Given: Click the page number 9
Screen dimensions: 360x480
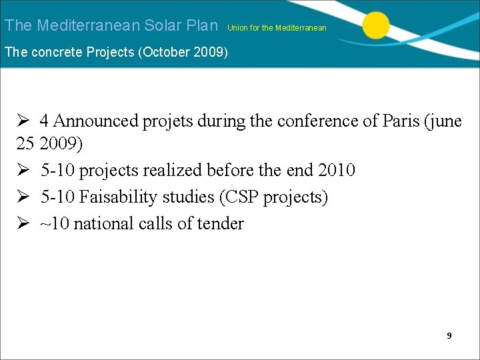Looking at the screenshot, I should (x=449, y=335).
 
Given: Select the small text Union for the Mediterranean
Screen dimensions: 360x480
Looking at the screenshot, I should (x=277, y=28).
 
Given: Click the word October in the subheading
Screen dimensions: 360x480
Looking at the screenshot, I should (x=161, y=52).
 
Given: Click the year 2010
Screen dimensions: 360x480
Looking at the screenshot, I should (x=337, y=171).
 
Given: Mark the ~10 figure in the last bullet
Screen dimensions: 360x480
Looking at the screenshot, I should (x=55, y=224).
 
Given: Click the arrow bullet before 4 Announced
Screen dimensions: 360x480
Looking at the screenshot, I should (x=23, y=121).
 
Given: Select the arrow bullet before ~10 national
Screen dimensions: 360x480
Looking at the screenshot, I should (x=23, y=224).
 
